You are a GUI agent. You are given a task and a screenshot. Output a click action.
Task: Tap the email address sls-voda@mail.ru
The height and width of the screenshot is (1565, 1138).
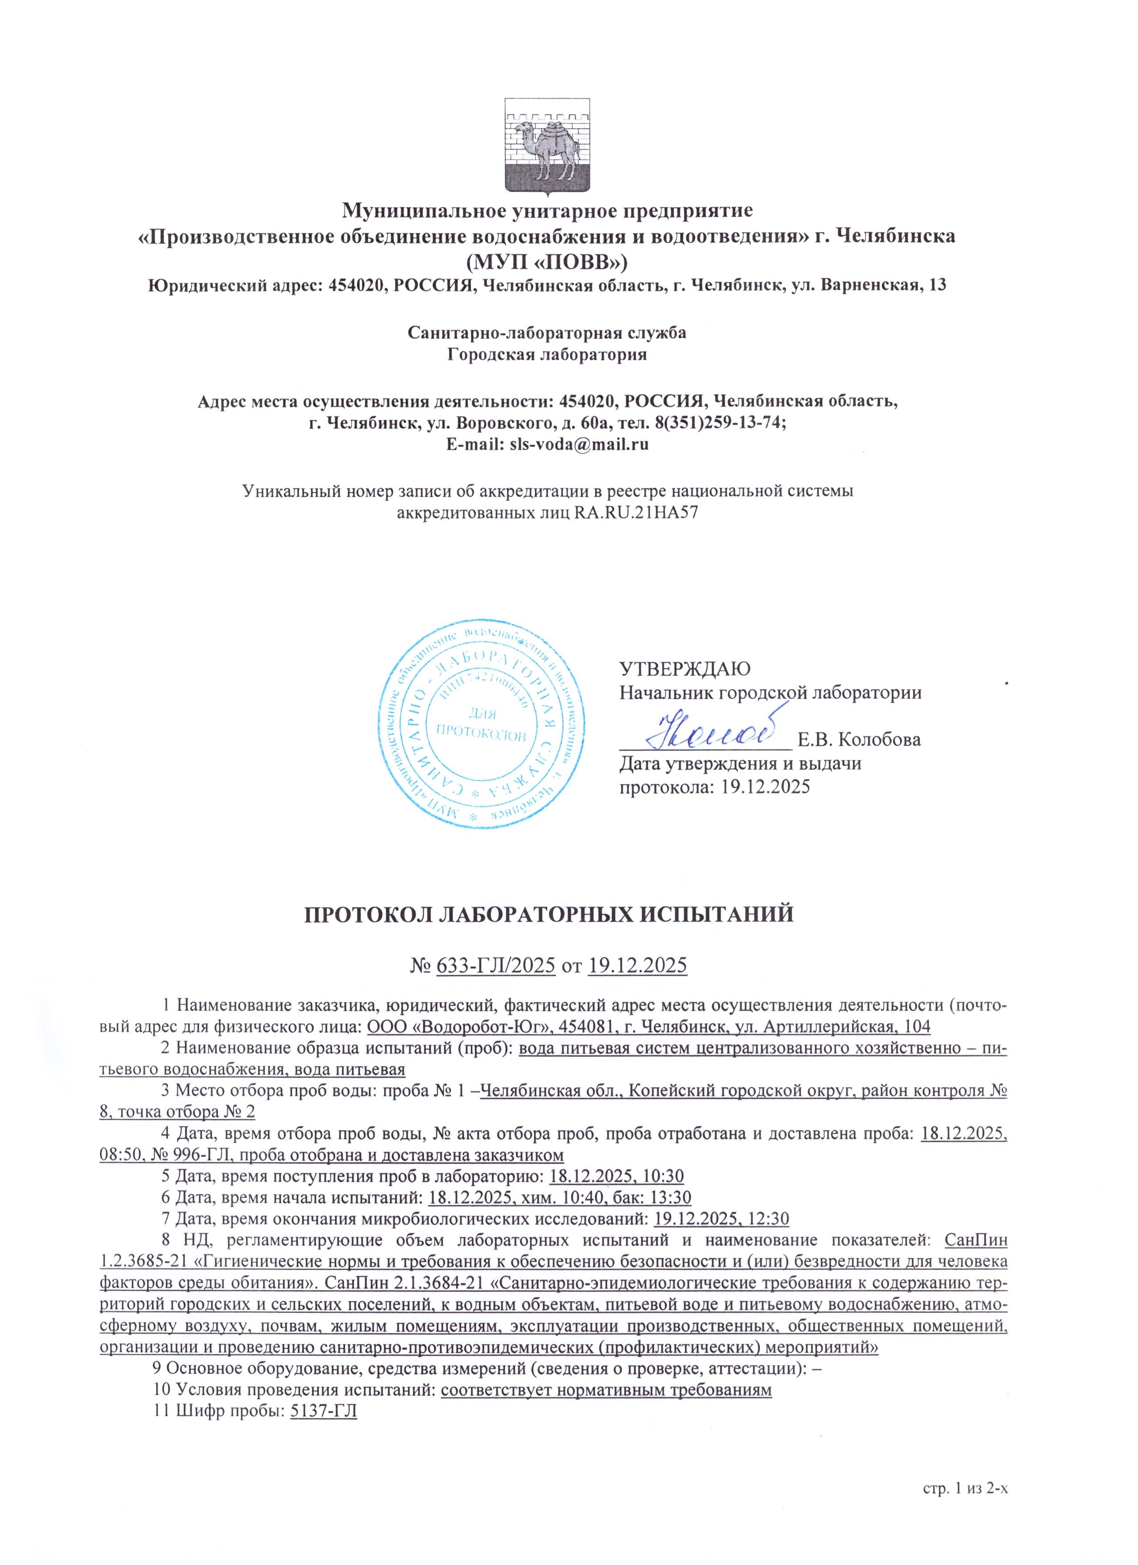coord(578,445)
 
